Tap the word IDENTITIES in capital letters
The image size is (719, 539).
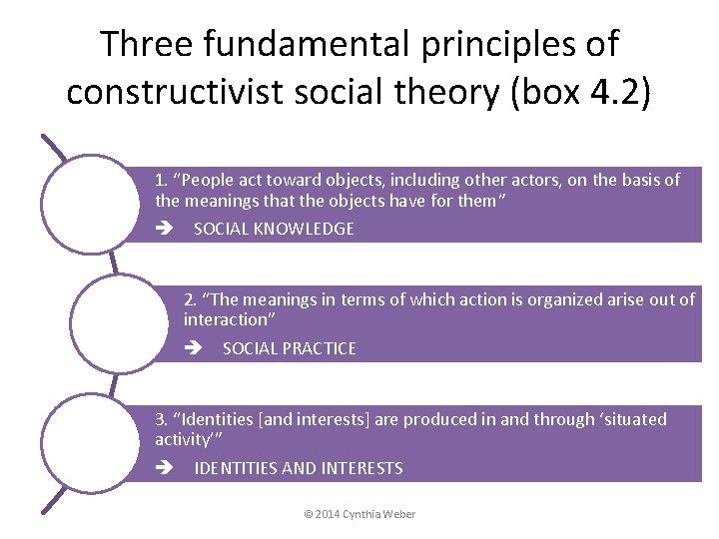point(238,468)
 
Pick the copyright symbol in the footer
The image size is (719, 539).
point(308,514)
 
